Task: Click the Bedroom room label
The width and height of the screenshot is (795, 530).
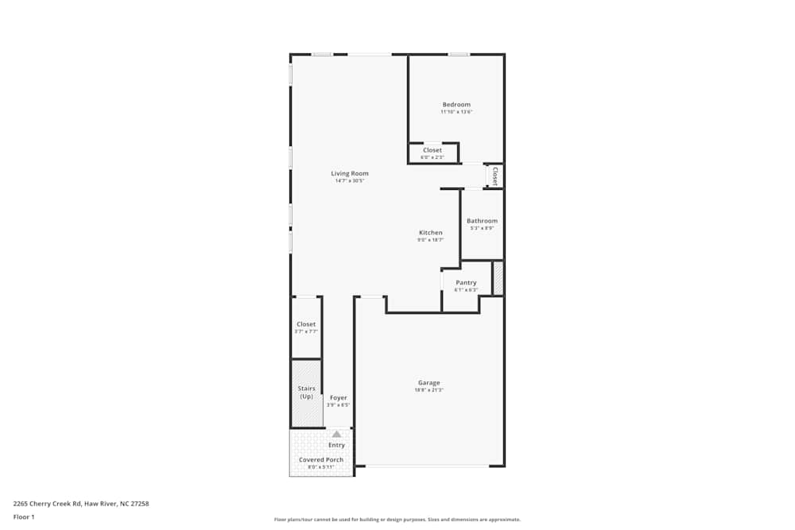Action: (x=456, y=105)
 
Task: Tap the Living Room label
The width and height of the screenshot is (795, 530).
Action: (x=350, y=173)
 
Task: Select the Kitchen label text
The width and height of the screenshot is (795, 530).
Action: (x=431, y=233)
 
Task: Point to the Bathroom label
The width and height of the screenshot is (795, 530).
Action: (x=482, y=221)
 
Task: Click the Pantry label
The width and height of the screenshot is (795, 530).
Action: (x=466, y=283)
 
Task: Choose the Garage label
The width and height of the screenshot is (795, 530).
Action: (x=429, y=383)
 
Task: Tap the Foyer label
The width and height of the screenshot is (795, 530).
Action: (x=338, y=397)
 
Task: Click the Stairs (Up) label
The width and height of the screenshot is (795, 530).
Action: (x=306, y=393)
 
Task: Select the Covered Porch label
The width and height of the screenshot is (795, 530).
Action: (x=321, y=460)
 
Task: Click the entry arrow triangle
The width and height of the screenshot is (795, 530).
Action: (x=337, y=435)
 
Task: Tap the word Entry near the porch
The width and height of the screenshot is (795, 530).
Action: (x=337, y=445)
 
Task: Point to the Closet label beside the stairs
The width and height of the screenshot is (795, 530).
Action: (x=306, y=324)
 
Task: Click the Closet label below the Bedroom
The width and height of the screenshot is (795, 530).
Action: (x=432, y=150)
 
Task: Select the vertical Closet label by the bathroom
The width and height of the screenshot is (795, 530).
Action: (x=494, y=175)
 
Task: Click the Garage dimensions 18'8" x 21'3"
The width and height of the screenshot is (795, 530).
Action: (x=429, y=390)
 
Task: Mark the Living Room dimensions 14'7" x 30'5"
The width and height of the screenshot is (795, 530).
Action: (x=350, y=180)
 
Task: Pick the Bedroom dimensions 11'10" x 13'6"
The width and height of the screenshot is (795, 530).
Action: (x=456, y=112)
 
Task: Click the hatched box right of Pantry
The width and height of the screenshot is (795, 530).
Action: (x=498, y=278)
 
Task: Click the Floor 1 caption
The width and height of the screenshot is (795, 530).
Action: (x=24, y=516)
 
